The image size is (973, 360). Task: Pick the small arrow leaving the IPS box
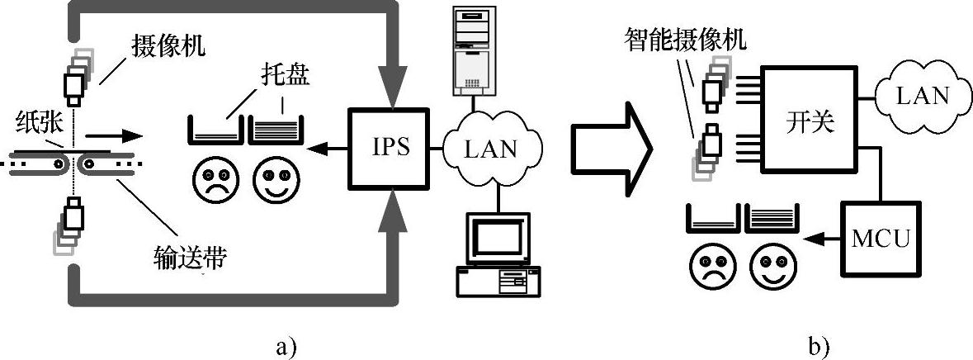tap(327, 149)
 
